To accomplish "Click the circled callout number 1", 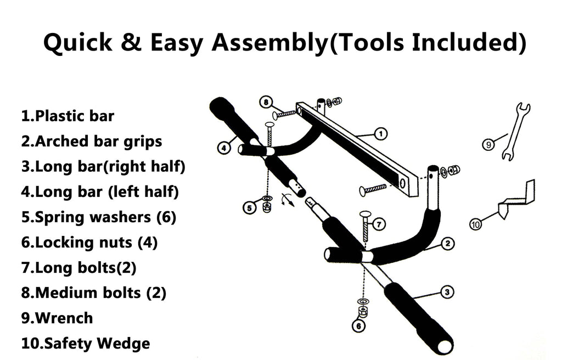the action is (x=380, y=134).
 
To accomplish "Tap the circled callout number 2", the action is (x=448, y=244).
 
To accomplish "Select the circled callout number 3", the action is (x=447, y=292).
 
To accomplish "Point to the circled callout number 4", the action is (x=224, y=148).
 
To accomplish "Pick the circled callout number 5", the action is (x=250, y=207).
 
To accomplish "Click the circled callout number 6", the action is (x=359, y=325).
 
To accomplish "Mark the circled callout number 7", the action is (x=379, y=224).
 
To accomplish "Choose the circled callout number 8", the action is (x=266, y=102).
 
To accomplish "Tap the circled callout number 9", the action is (x=488, y=144).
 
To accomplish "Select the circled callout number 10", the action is (x=475, y=224).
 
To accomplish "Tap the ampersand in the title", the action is (x=131, y=42).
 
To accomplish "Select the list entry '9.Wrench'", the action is (x=57, y=318).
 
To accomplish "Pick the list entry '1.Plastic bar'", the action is (x=68, y=116).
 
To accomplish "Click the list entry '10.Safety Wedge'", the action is (x=86, y=344).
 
